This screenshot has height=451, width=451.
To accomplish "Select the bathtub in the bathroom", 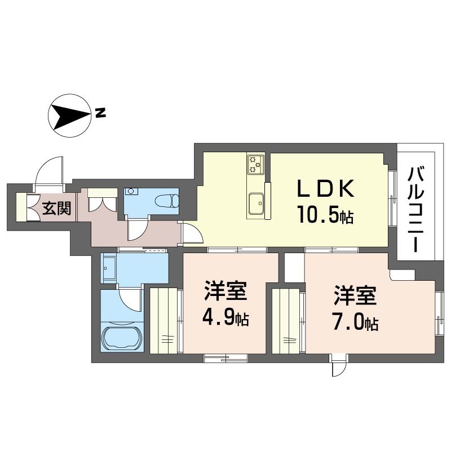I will tap(122, 338).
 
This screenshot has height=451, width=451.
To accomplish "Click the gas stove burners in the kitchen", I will tap(255, 164).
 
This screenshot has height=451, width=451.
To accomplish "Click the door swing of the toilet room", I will tap(136, 229).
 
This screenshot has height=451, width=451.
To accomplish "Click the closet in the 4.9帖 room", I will tap(164, 320).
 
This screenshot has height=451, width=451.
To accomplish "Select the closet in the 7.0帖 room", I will tap(286, 320).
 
